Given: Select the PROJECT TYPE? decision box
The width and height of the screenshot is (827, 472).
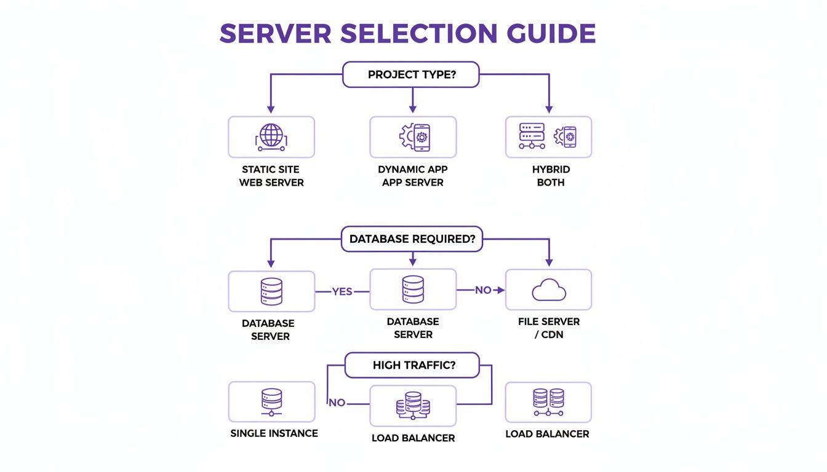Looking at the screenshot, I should click(x=411, y=74).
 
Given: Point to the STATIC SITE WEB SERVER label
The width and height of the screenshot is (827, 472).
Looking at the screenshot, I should click(x=271, y=176).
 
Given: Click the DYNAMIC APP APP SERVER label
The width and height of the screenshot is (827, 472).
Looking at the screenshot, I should click(x=412, y=176).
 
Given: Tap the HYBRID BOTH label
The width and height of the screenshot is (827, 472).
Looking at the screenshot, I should click(x=551, y=176).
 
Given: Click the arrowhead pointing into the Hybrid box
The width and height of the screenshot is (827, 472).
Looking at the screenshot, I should click(x=549, y=109).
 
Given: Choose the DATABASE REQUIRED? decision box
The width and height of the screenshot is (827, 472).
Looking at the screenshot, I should click(x=412, y=239).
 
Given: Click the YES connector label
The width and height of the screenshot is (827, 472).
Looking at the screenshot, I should click(x=342, y=291).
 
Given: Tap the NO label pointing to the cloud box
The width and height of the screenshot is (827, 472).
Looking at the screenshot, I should click(x=483, y=290).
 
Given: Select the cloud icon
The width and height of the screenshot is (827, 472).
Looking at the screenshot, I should click(x=549, y=289).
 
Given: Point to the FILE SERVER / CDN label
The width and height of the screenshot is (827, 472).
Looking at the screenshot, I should click(x=549, y=328).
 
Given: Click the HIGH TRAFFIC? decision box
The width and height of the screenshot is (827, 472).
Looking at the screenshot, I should click(x=412, y=365).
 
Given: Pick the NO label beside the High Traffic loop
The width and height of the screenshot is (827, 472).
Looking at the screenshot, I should click(x=337, y=403).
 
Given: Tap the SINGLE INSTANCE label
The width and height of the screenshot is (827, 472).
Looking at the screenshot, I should click(x=274, y=433).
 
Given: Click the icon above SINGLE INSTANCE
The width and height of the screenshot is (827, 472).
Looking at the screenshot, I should click(x=271, y=401).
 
